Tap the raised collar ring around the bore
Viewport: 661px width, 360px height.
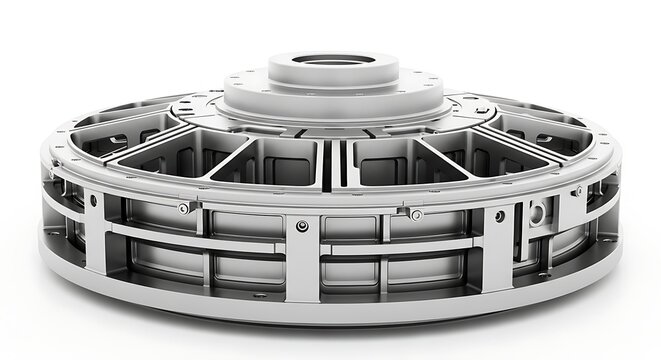(334, 73)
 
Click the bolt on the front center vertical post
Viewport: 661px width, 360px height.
(302, 227)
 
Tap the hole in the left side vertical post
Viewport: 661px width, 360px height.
(93, 200)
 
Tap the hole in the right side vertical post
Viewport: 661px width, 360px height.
(498, 216)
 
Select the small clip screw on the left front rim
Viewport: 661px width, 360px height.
(182, 208)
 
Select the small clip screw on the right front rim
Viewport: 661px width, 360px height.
(416, 214)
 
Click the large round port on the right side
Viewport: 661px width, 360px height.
(538, 212)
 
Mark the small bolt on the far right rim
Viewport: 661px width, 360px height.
(578, 190)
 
